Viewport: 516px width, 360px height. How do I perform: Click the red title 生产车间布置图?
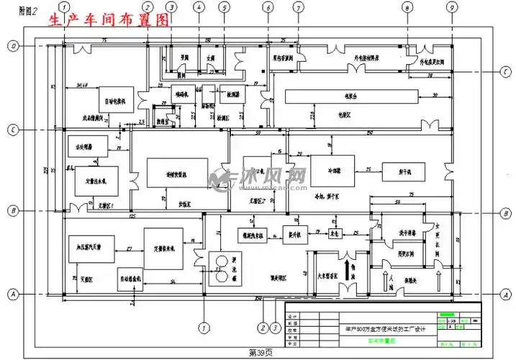tap(109, 20)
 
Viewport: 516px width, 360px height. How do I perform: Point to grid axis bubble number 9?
tap(451, 8)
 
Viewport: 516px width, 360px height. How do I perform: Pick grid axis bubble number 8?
tap(408, 8)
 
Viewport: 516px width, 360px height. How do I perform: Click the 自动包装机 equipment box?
tap(112, 101)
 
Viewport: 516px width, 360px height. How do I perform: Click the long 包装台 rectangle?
tap(350, 96)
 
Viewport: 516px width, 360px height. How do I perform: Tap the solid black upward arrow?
tap(349, 271)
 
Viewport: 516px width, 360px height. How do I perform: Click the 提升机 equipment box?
tap(294, 233)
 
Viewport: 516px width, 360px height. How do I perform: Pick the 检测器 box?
tap(235, 95)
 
